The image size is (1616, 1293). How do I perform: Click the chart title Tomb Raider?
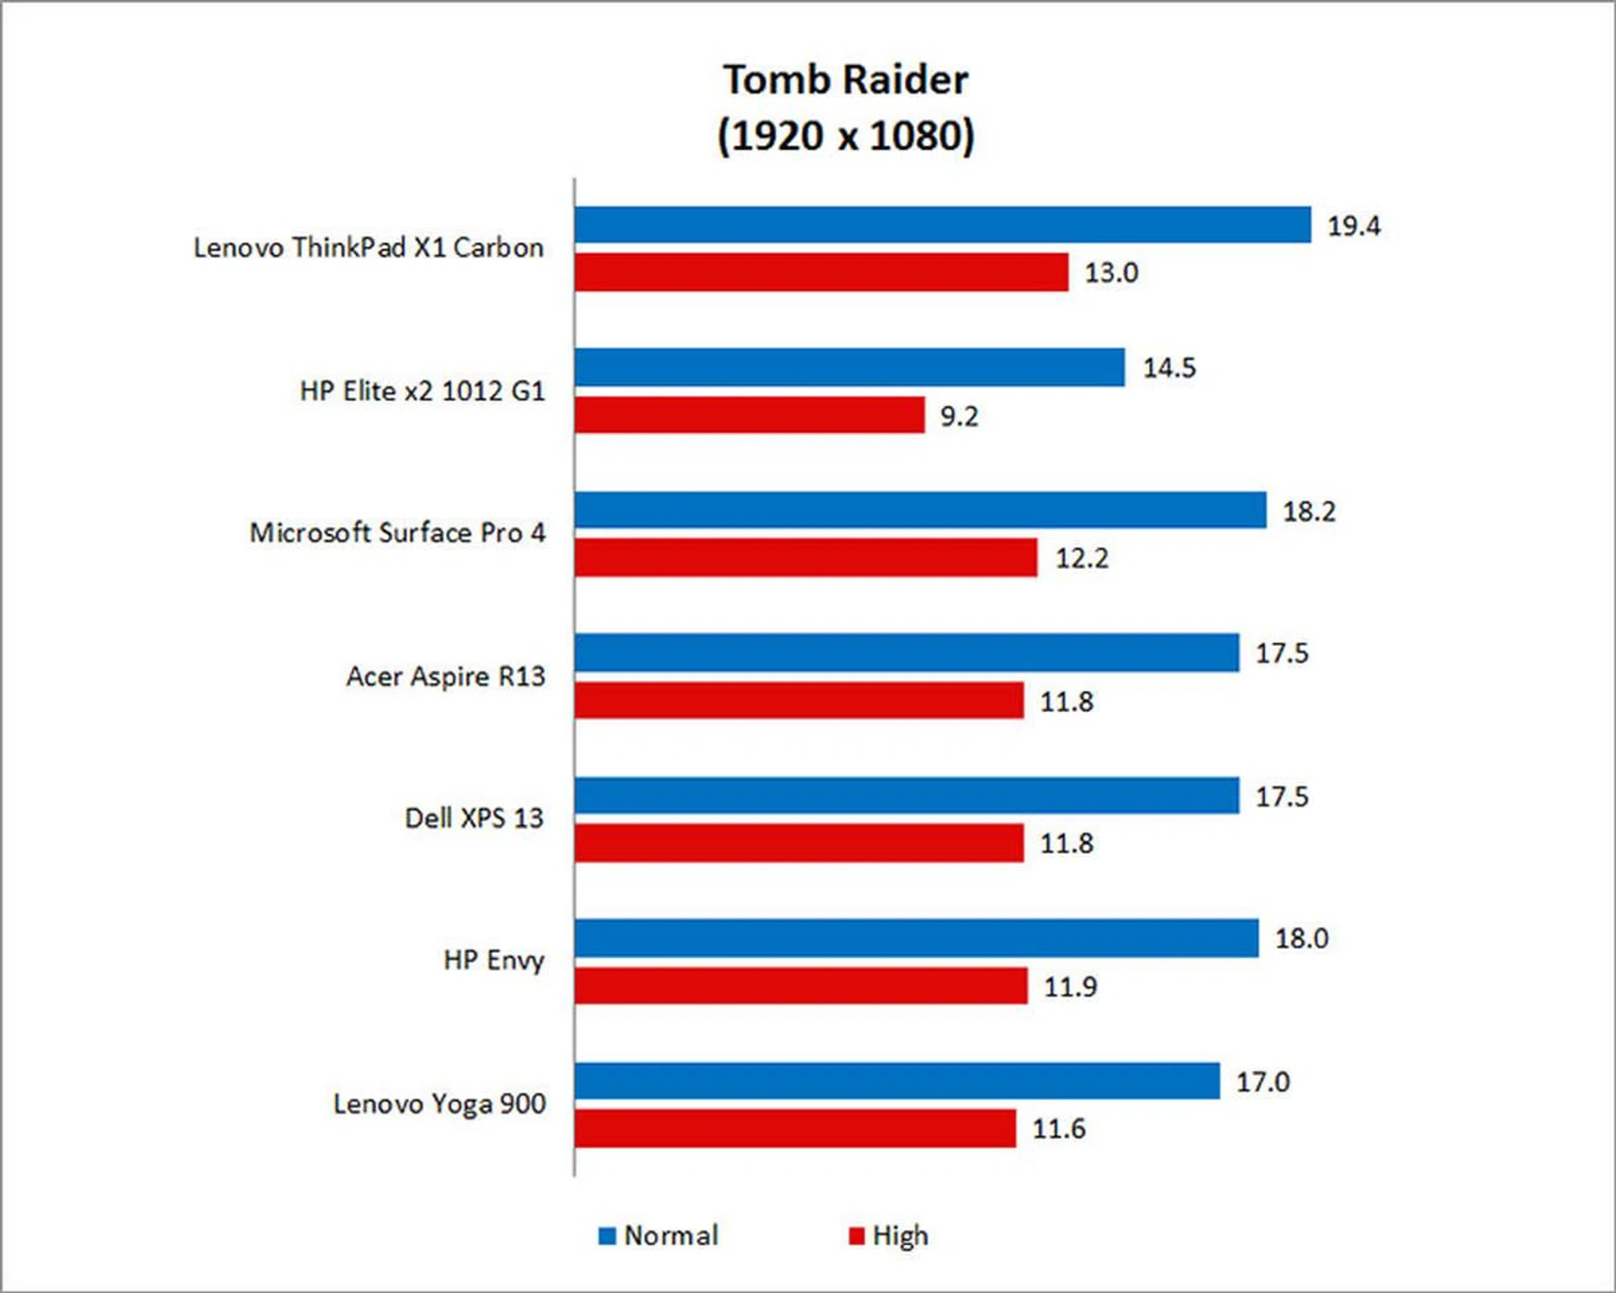coord(846,80)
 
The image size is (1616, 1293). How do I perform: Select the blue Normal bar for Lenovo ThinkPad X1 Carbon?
coord(943,225)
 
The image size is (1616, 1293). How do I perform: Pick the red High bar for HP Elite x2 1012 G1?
coord(750,415)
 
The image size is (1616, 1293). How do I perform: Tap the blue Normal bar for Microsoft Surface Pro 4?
coord(920,510)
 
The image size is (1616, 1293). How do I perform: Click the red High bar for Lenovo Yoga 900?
coord(795,1128)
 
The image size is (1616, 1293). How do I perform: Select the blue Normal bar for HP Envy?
coord(917,938)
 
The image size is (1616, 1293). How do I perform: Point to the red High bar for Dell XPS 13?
coord(800,843)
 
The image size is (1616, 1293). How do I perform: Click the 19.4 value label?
coord(1353,226)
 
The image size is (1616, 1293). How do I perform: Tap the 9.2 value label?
coord(959,416)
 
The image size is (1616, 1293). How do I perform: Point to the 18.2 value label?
coord(1309,511)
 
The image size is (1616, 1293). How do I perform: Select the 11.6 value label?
coord(1059,1128)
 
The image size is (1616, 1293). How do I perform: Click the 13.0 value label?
coord(1111,273)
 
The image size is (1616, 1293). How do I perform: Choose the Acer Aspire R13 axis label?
coord(445,676)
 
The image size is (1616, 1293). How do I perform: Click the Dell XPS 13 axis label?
coord(474,818)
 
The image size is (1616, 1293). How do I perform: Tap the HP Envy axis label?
coord(494,960)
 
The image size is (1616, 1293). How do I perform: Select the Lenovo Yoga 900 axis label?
coord(439,1104)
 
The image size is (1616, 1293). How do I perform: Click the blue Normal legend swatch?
coord(607,1236)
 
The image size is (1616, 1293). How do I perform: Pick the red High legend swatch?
coord(857,1236)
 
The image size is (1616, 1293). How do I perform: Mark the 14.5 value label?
coord(1169,368)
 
